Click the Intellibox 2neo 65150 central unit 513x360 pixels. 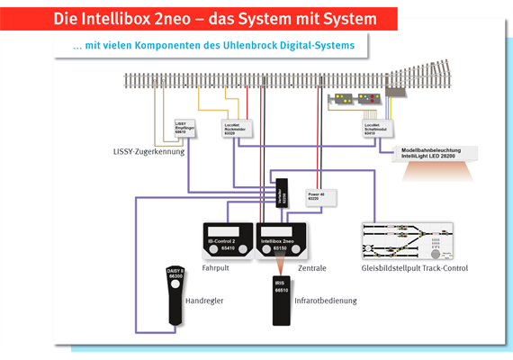tap(281, 241)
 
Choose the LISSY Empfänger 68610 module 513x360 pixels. tap(184, 132)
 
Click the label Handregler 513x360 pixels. tap(203, 300)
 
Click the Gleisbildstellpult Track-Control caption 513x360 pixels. tap(415, 267)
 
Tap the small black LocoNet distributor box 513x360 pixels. tap(283, 191)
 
